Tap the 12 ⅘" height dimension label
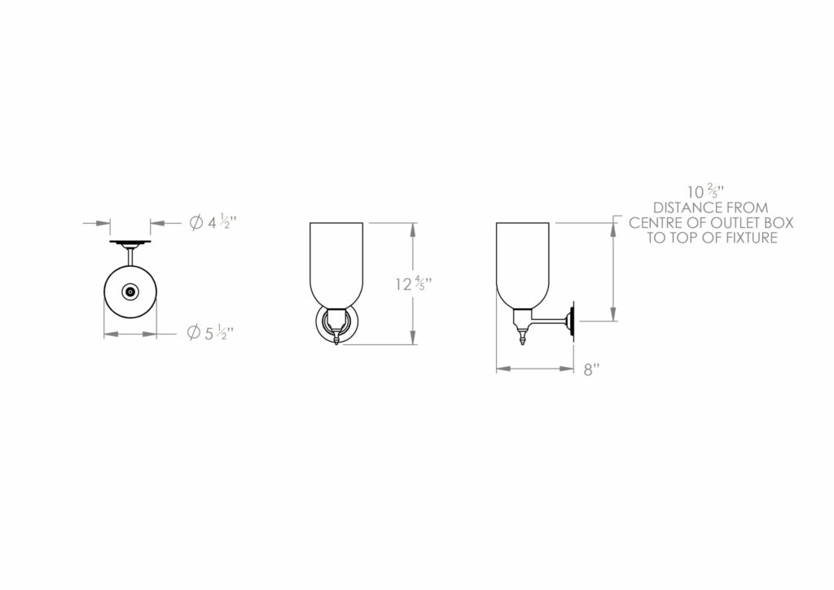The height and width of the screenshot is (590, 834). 413,283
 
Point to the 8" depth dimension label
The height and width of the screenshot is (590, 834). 591,369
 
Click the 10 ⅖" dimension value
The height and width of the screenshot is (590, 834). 706,190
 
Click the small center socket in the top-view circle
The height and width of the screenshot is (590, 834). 129,291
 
